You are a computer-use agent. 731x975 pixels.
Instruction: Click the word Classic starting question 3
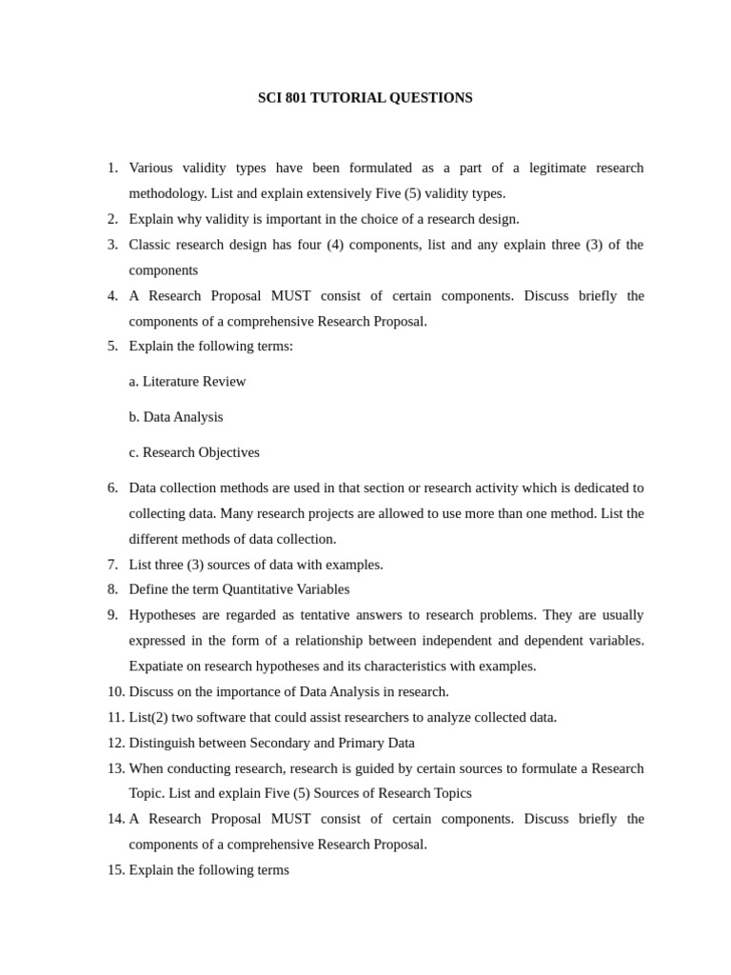coord(150,245)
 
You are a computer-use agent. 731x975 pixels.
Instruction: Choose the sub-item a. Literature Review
coord(188,382)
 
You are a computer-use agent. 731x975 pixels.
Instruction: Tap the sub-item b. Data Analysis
coord(176,417)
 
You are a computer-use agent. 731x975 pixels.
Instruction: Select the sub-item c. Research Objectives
coord(194,452)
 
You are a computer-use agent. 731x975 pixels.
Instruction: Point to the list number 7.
coord(112,565)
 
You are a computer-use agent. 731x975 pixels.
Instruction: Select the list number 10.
coord(114,691)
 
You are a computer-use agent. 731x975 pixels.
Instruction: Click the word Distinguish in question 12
coord(164,743)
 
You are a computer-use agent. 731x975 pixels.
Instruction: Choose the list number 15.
coord(114,870)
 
